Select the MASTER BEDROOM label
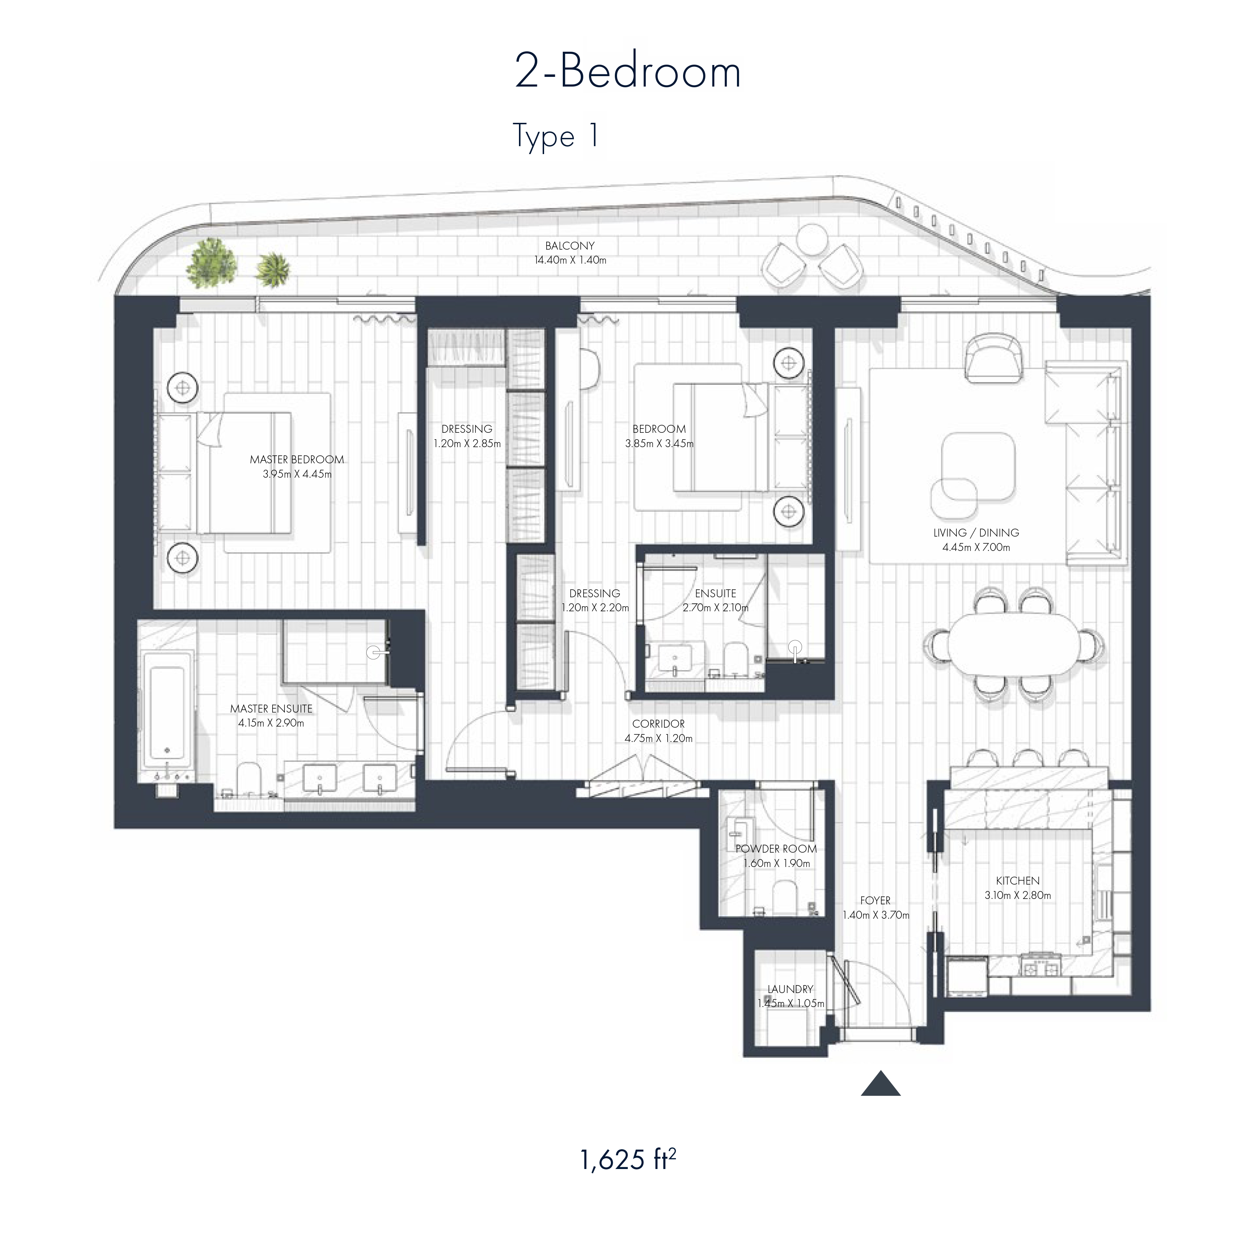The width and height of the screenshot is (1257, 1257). [x=297, y=459]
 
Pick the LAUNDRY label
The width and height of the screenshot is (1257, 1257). [x=790, y=989]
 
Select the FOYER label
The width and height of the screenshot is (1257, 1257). [x=875, y=900]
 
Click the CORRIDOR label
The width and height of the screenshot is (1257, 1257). [x=658, y=723]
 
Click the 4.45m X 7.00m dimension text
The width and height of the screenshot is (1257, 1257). [x=976, y=548]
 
